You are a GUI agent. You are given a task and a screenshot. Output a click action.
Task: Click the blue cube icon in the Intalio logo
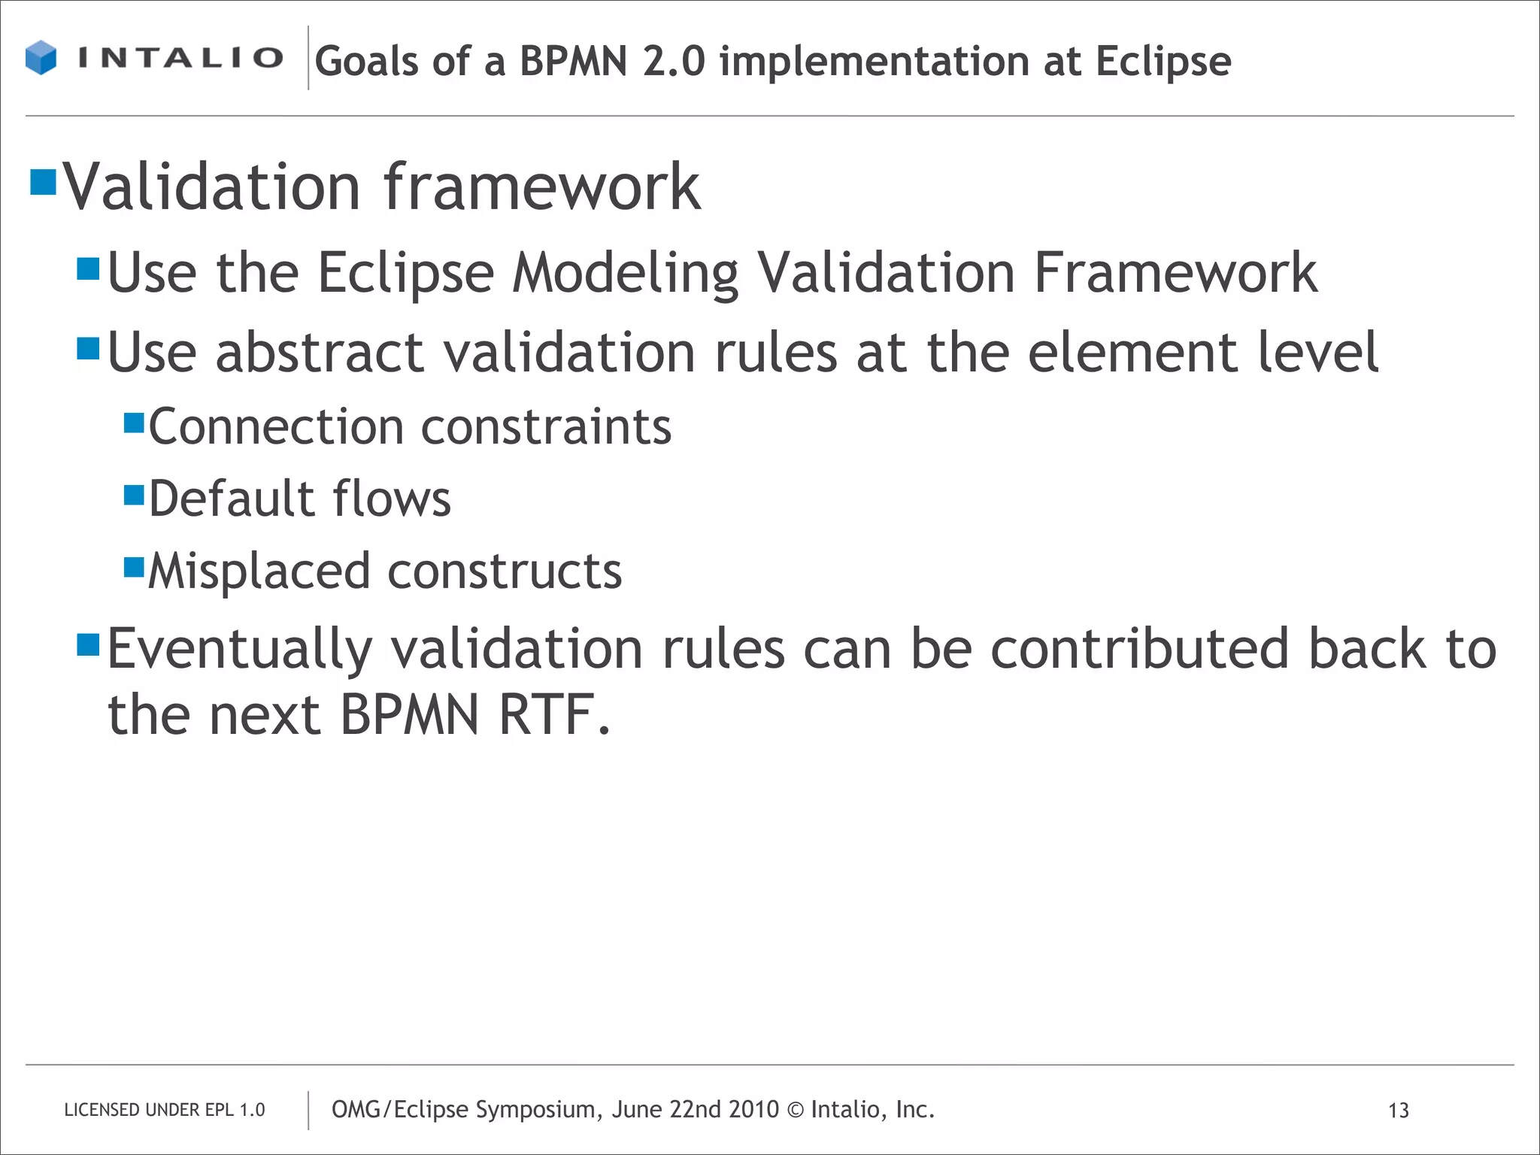click(x=41, y=58)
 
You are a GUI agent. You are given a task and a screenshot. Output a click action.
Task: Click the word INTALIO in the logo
click(x=180, y=58)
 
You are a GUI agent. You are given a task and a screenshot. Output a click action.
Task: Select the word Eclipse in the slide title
click(x=1163, y=62)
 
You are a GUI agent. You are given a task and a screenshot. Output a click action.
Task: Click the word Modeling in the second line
click(x=625, y=274)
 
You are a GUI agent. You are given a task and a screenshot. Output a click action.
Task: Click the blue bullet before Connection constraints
click(x=134, y=423)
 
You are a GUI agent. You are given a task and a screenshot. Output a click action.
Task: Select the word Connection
click(x=276, y=427)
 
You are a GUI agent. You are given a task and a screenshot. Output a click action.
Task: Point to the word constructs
click(x=505, y=571)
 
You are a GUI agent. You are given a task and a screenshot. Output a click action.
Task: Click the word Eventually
click(x=239, y=650)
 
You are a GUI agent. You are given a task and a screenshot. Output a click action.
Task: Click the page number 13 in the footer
click(x=1398, y=1111)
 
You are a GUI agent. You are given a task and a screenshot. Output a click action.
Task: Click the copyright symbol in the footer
click(x=795, y=1110)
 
